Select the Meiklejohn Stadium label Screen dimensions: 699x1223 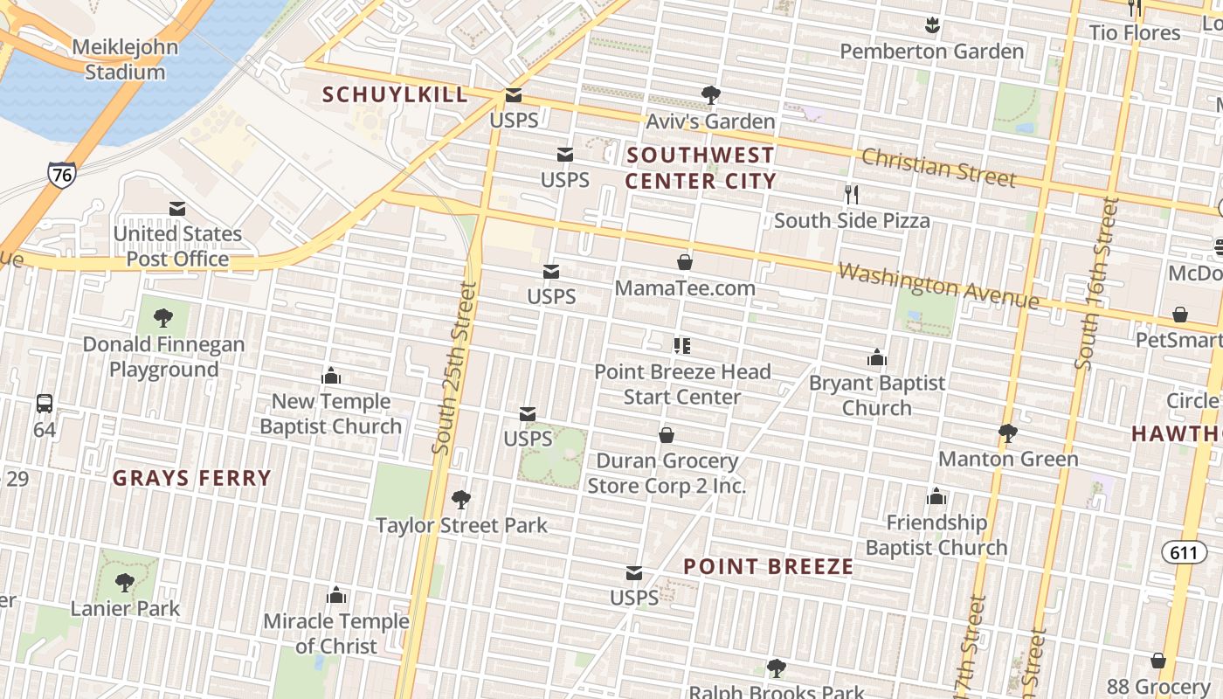[x=125, y=59]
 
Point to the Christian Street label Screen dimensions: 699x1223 [x=938, y=167]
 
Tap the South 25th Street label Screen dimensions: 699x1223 [x=456, y=367]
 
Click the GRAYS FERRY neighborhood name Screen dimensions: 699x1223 [x=192, y=478]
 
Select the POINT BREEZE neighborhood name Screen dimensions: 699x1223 [x=768, y=566]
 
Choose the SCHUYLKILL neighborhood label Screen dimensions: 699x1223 [x=395, y=94]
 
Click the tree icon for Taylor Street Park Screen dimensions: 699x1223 [x=461, y=500]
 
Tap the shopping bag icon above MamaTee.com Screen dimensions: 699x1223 [x=685, y=262]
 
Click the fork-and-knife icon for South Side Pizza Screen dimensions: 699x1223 [x=852, y=195]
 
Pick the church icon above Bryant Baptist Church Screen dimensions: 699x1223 [x=877, y=357]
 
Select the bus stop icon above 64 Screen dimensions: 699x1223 [x=45, y=404]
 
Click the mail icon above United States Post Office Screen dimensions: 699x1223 [x=177, y=209]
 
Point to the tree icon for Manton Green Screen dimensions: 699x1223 [x=1008, y=433]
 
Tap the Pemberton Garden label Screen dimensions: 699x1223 [x=931, y=52]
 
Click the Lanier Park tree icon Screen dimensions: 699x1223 [x=125, y=582]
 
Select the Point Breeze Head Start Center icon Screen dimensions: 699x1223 [x=682, y=346]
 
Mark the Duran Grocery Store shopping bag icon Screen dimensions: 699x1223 [x=667, y=435]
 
